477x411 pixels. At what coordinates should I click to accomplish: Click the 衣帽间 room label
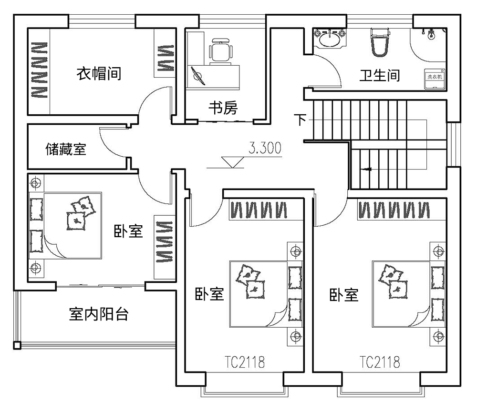click(x=99, y=74)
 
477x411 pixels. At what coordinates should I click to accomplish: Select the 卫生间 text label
click(x=379, y=75)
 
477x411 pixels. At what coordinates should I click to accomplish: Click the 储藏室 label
click(x=65, y=149)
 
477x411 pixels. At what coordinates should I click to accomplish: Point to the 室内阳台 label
click(x=98, y=314)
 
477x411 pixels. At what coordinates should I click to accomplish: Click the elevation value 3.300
click(x=265, y=148)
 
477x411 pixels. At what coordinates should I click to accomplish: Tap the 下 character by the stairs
click(x=300, y=120)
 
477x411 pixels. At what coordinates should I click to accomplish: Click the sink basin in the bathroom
click(x=330, y=38)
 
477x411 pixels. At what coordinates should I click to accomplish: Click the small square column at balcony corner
click(x=17, y=345)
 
